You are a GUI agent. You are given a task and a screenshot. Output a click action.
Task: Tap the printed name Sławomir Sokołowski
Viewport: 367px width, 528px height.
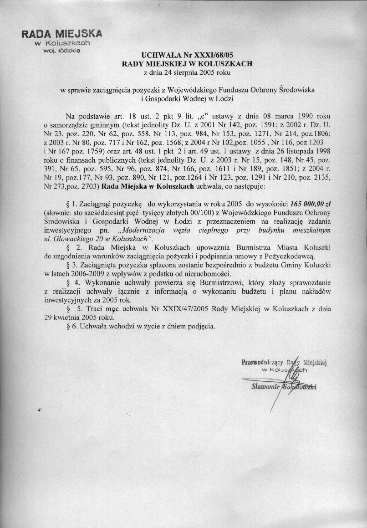[283, 387]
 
